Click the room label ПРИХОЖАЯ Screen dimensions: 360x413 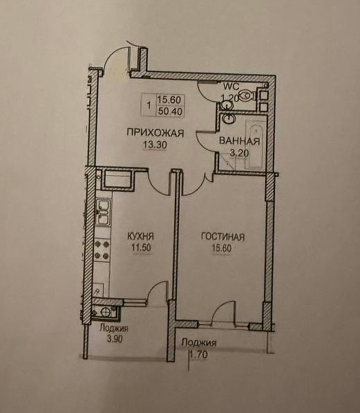click(155, 133)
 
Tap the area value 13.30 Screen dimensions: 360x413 click(155, 145)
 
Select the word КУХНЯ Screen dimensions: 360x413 click(140, 236)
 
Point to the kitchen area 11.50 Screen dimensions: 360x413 click(142, 248)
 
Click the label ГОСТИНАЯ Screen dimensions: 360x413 click(222, 237)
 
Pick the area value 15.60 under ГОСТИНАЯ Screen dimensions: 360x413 click(222, 248)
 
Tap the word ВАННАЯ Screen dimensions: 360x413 click(240, 141)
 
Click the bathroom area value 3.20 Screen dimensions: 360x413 click(239, 153)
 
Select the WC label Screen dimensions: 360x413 click(231, 86)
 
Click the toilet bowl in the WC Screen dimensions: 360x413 click(247, 95)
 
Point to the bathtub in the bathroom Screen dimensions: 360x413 click(256, 145)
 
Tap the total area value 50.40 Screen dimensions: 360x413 click(171, 111)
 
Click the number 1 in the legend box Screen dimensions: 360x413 click(149, 106)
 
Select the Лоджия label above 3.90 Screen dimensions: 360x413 click(114, 329)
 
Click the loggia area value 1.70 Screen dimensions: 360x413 click(199, 355)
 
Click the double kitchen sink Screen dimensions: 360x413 click(103, 212)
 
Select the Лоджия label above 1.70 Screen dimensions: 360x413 click(199, 343)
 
